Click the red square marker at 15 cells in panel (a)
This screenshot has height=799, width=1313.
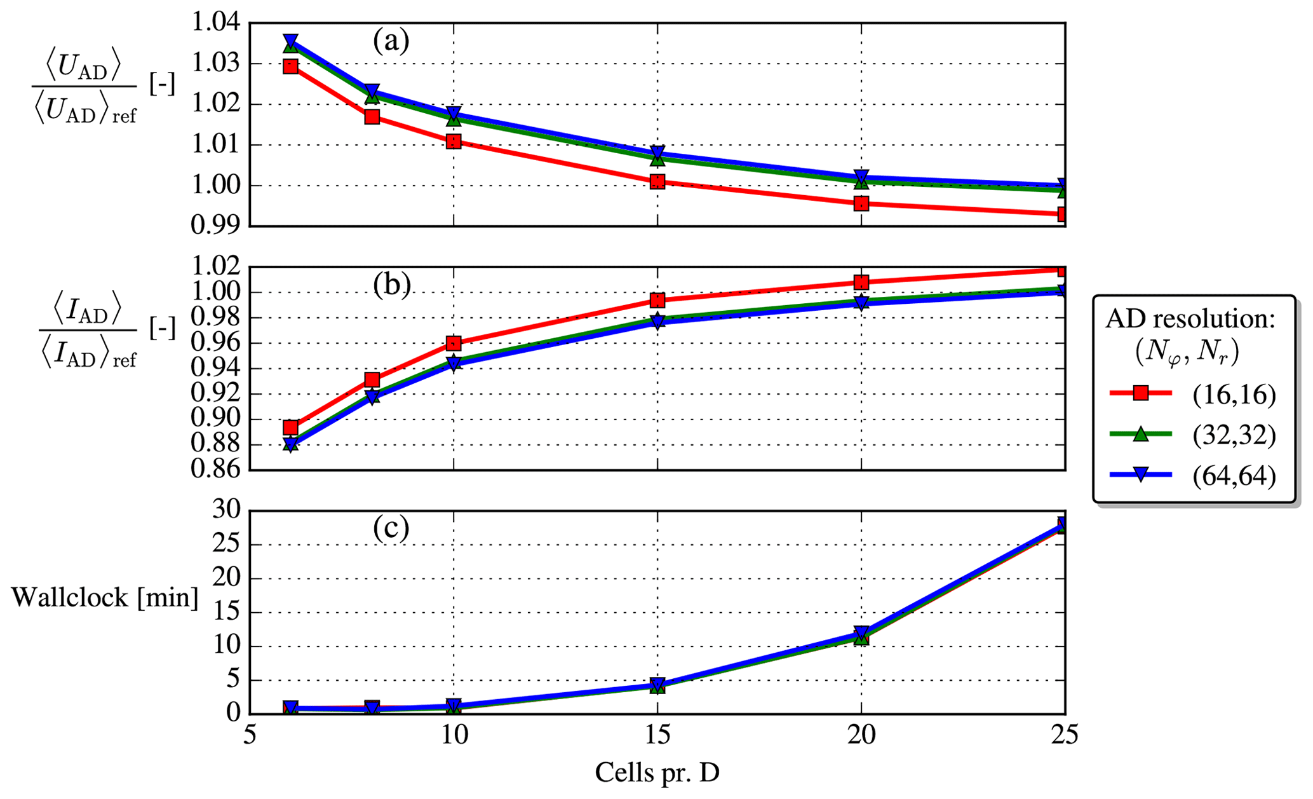coord(657,182)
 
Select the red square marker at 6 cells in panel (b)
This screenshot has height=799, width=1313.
coord(290,427)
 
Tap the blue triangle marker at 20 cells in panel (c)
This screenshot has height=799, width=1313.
coord(861,632)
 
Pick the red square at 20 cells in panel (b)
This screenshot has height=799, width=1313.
coord(861,282)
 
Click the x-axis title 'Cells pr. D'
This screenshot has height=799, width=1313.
coord(657,773)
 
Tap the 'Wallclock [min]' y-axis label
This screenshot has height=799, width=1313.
coord(105,598)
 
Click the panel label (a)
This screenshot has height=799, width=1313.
coord(391,41)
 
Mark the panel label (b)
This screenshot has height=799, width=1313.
coord(391,285)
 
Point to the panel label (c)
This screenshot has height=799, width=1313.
coord(391,528)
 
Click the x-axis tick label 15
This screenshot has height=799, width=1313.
coord(657,735)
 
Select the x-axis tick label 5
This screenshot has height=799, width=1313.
coord(250,735)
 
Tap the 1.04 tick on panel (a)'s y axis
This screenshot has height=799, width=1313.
coord(217,24)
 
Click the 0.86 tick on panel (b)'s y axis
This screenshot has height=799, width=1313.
coord(217,470)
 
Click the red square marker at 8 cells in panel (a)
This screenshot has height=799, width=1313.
coord(372,117)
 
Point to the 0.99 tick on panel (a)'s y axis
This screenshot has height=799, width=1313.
coord(217,226)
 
